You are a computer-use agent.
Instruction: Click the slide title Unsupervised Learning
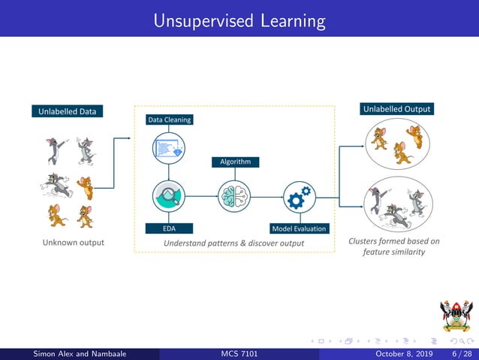click(x=239, y=20)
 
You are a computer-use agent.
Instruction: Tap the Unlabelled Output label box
click(x=397, y=109)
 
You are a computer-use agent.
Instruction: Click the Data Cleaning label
click(x=169, y=119)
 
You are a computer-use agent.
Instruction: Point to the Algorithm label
click(x=235, y=162)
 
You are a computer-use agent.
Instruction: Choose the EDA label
click(x=169, y=228)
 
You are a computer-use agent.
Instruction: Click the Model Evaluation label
click(x=299, y=228)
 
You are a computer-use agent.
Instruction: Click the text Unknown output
click(x=74, y=243)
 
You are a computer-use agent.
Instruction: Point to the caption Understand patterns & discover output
click(x=234, y=243)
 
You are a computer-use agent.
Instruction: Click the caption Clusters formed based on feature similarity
click(x=394, y=247)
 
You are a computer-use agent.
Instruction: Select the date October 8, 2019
click(x=403, y=354)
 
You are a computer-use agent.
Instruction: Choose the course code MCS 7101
click(x=239, y=354)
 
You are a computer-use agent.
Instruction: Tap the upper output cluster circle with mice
click(x=396, y=144)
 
